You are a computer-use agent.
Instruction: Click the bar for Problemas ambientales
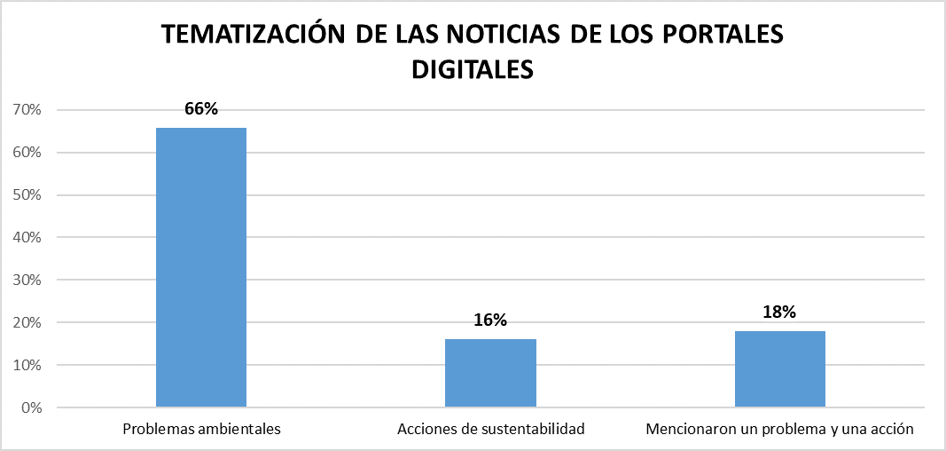click(x=201, y=267)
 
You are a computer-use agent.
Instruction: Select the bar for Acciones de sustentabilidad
click(x=490, y=373)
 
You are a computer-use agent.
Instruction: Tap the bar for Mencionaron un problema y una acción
click(x=780, y=369)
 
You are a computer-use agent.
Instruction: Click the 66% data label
click(x=201, y=109)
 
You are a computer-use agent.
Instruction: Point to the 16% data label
click(x=490, y=320)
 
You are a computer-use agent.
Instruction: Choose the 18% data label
click(x=780, y=312)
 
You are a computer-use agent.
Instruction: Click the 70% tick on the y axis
click(x=27, y=110)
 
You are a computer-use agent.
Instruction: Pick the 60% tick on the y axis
click(x=27, y=153)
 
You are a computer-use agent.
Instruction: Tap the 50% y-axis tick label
click(x=27, y=195)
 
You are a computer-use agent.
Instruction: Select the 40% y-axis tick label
click(x=27, y=238)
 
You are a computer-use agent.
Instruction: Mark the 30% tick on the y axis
click(x=27, y=281)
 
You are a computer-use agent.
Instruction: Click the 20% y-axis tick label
click(x=27, y=323)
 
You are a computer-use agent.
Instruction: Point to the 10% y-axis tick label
click(x=27, y=366)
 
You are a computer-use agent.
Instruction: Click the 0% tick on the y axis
click(x=31, y=408)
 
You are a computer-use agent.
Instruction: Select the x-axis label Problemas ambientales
click(x=201, y=430)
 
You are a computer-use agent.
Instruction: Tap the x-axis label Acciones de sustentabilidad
click(x=491, y=430)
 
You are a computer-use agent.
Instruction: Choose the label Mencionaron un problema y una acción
click(x=780, y=430)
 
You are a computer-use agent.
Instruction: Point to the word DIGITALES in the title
click(x=472, y=68)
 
